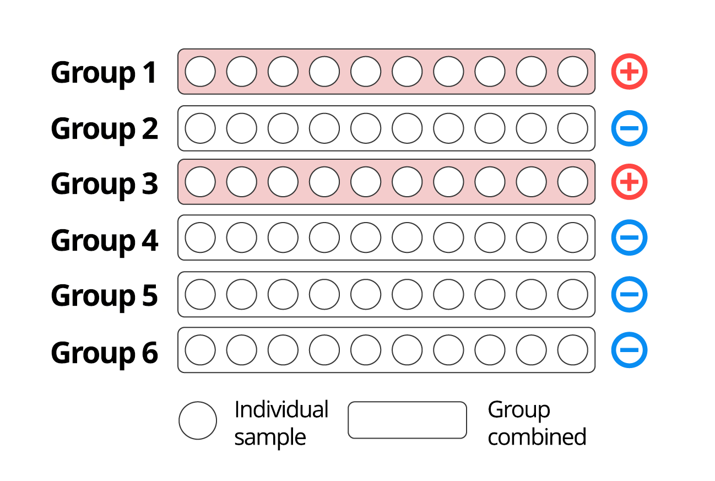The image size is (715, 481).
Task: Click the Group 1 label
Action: (x=104, y=73)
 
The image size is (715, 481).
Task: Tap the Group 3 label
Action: (x=104, y=183)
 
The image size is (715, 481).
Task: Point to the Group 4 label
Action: (x=104, y=240)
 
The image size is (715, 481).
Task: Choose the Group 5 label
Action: (x=104, y=295)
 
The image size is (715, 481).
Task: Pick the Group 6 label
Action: (x=104, y=352)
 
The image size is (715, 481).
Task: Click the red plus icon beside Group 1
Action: (x=629, y=72)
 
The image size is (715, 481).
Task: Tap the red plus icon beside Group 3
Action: (x=629, y=182)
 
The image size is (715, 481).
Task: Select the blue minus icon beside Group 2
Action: (x=629, y=128)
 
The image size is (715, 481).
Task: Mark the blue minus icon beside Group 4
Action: (x=629, y=237)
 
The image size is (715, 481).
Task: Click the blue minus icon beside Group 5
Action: (x=629, y=294)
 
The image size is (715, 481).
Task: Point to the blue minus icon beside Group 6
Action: (x=629, y=350)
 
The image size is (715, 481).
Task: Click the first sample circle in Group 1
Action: (x=200, y=72)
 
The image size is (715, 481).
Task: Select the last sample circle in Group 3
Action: (x=572, y=182)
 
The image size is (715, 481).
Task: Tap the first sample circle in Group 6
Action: (x=200, y=350)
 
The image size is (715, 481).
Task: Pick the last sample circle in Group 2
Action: (x=572, y=128)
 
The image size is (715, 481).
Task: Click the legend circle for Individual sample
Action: (x=198, y=420)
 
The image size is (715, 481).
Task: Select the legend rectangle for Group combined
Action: (x=407, y=420)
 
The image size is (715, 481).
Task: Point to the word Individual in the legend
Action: (x=281, y=409)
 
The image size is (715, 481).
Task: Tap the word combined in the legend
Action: (x=537, y=437)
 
